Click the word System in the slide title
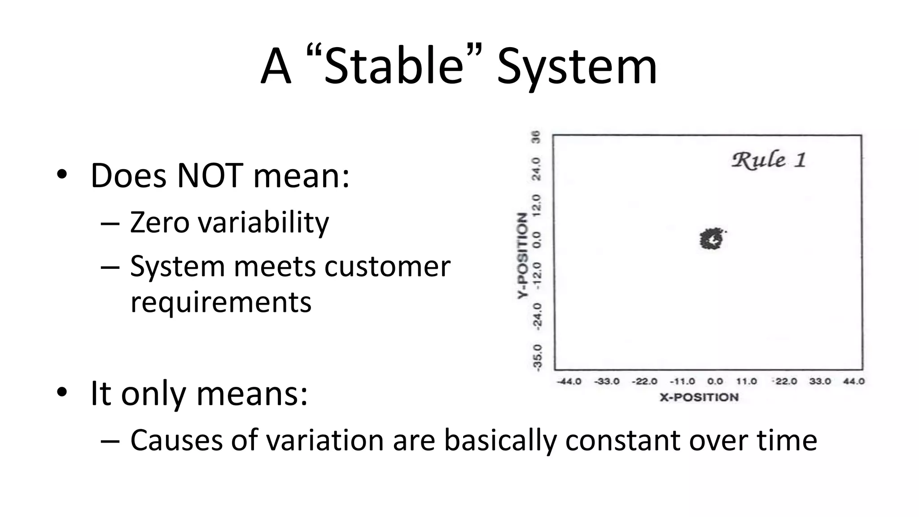click(577, 67)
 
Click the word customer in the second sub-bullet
click(387, 267)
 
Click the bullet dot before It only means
click(62, 392)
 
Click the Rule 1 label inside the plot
click(769, 160)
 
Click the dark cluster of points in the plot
click(712, 239)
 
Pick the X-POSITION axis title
click(699, 397)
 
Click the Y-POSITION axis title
click(521, 255)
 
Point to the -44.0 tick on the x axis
click(569, 381)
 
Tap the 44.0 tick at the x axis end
click(853, 381)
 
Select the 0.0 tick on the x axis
click(715, 381)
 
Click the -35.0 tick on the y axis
click(537, 358)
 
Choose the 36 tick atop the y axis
click(537, 137)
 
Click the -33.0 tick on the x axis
click(607, 381)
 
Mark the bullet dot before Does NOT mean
click(62, 174)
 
